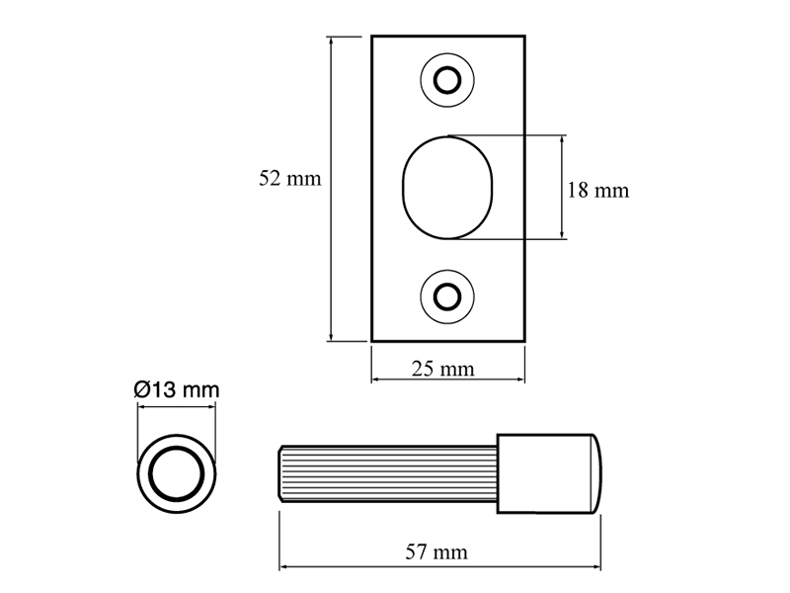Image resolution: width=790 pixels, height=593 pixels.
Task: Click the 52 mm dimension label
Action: coord(289,179)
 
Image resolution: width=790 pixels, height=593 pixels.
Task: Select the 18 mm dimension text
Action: coord(598,191)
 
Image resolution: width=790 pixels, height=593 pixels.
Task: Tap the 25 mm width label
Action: coord(442,369)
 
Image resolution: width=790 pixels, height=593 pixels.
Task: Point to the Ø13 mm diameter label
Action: coord(177,389)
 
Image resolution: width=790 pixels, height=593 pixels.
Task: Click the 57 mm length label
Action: coord(436,552)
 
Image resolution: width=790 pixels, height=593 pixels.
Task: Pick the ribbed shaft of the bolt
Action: coord(388,474)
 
